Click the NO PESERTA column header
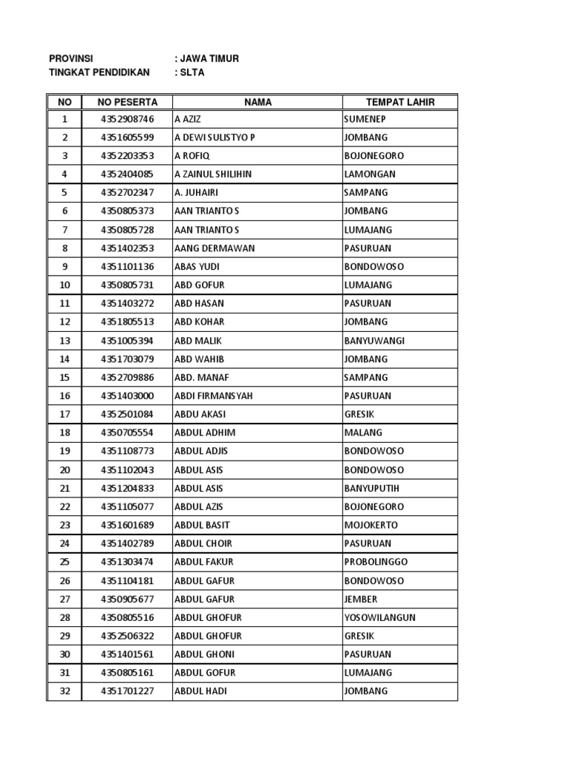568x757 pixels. pos(127,102)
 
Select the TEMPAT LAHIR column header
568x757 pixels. pos(400,102)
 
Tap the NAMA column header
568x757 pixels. pos(257,102)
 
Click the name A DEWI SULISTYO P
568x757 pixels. pos(214,138)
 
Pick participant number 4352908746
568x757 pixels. pos(127,119)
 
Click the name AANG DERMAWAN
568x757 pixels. pos(214,248)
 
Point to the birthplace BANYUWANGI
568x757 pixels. pos(374,341)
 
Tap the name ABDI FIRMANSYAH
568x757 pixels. pos(214,396)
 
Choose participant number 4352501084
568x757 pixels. pos(127,415)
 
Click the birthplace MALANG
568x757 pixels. pos(362,433)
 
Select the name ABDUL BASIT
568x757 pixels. pos(202,526)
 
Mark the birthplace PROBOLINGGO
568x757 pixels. pos(376,563)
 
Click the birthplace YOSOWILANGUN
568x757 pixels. pos(379,618)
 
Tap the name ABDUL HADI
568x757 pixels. pos(200,692)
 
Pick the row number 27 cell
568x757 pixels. pos(65,600)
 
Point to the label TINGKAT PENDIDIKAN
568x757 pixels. pos(99,72)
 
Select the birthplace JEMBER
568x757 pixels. pos(361,600)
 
